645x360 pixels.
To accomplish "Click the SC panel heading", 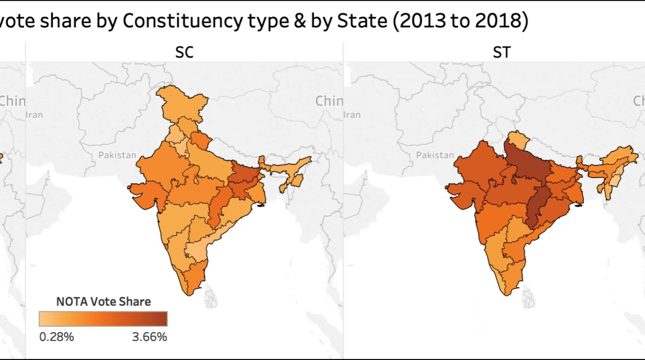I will coord(184,52).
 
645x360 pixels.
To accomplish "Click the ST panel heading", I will coord(501,52).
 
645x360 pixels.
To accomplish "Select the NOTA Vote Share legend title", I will coord(103,302).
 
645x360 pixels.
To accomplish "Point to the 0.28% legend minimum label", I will coord(56,337).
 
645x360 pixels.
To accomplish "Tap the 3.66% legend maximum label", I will coord(149,337).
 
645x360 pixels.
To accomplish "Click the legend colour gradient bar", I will coord(103,319).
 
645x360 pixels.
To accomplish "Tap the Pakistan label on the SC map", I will coord(117,155).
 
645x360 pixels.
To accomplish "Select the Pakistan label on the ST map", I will coord(435,155).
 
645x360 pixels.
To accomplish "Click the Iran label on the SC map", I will coord(35,115).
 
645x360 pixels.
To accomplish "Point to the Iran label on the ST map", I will coord(352,115).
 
